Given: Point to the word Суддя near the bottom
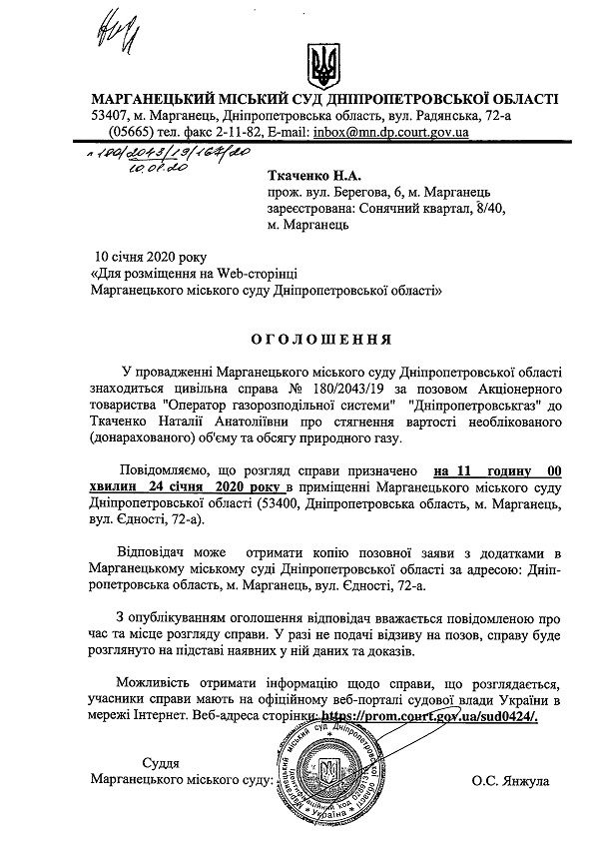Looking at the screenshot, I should pos(163,760).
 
